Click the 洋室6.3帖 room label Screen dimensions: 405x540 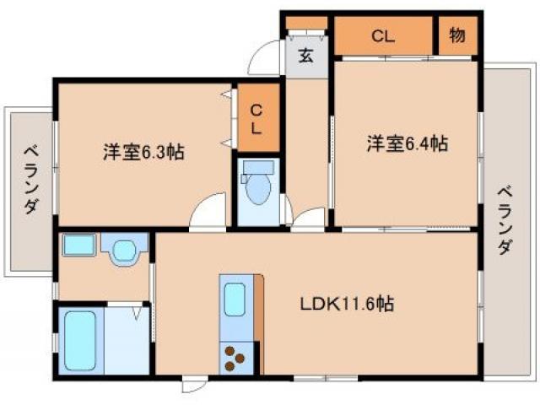[x=143, y=153]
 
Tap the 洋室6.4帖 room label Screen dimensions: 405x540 [x=406, y=143]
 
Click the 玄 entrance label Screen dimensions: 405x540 [x=305, y=57]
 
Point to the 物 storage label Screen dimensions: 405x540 [x=457, y=35]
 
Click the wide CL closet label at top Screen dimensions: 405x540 [x=385, y=35]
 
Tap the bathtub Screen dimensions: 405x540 [x=80, y=341]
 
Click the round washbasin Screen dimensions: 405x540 [x=125, y=251]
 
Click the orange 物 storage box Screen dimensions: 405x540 [x=457, y=35]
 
